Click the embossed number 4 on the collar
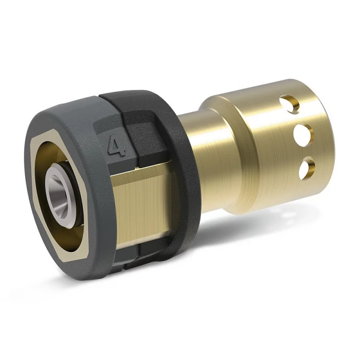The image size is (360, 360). click(112, 146)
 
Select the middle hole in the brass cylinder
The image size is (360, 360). click(305, 134)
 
